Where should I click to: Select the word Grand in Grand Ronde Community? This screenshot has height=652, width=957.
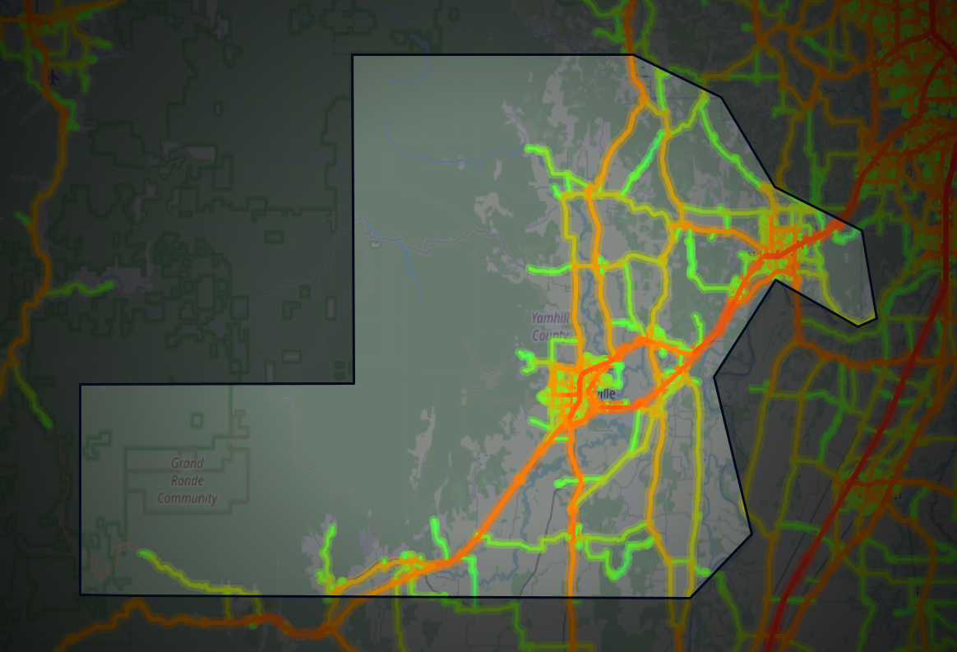(187, 463)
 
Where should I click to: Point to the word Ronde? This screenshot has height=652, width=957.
(187, 481)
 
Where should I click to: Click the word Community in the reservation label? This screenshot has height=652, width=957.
(187, 498)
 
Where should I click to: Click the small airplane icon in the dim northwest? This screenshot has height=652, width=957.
(54, 78)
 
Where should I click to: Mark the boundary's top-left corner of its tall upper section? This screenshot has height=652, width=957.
(353, 55)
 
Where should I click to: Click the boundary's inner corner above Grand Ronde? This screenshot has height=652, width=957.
(354, 383)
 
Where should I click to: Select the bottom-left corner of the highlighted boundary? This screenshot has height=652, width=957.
(80, 594)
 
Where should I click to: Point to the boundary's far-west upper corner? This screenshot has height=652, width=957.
(80, 385)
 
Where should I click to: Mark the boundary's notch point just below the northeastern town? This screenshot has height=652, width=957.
(775, 280)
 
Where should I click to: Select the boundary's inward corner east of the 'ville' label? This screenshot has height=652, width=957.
(714, 377)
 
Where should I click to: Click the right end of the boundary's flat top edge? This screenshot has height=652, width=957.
(634, 55)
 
